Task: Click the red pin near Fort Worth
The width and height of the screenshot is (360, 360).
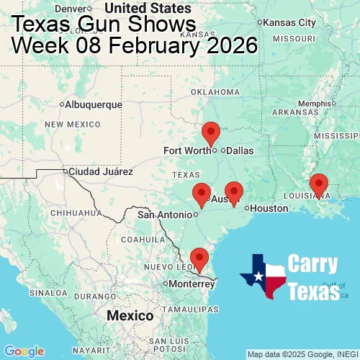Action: [211, 132]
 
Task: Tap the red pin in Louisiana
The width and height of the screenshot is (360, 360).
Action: [318, 184]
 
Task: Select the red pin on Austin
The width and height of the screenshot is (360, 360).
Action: [234, 191]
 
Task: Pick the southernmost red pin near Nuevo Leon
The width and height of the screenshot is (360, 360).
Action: [198, 257]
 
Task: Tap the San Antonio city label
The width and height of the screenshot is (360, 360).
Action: [165, 214]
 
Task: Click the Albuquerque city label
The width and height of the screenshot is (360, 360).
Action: [94, 104]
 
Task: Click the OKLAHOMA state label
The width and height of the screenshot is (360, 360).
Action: [215, 92]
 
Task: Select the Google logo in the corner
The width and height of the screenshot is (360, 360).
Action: [23, 351]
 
